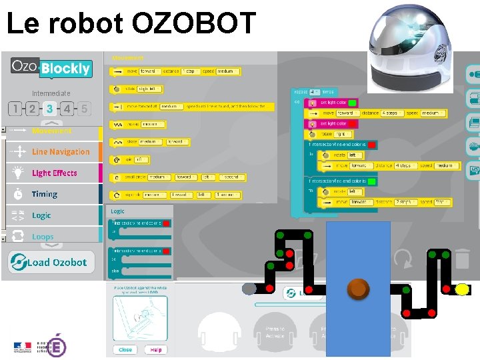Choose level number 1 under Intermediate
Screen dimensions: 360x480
click(15, 109)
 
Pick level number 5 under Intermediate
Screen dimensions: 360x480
click(84, 109)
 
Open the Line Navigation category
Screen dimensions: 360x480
click(60, 152)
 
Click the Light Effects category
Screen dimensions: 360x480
click(54, 173)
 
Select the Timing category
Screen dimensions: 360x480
click(44, 194)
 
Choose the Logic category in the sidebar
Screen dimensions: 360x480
click(41, 215)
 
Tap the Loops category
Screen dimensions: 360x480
click(43, 237)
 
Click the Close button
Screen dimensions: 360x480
click(125, 349)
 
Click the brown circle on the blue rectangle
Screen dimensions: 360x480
click(359, 289)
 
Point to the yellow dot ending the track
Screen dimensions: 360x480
click(461, 289)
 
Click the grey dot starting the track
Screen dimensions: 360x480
click(249, 289)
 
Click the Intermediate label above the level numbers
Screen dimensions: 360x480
click(51, 93)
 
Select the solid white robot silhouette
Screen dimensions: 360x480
click(219, 333)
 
